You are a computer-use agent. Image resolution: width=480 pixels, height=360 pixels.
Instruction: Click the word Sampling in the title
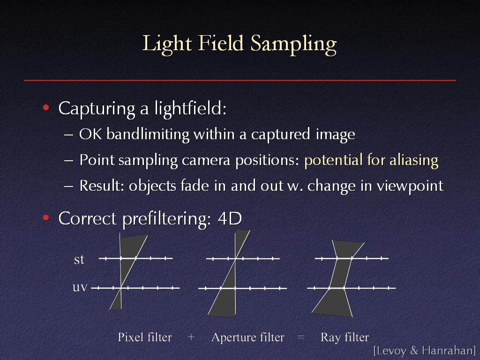pyautogui.click(x=293, y=45)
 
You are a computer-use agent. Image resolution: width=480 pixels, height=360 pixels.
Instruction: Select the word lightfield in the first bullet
pyautogui.click(x=190, y=109)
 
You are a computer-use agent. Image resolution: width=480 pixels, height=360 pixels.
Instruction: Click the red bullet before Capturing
pyautogui.click(x=46, y=107)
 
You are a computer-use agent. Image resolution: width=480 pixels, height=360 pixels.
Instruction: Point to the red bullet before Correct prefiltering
pyautogui.click(x=46, y=217)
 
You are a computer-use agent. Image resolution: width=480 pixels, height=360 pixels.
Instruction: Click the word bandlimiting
pyautogui.click(x=148, y=135)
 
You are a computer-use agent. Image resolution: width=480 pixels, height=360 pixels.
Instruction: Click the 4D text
pyautogui.click(x=230, y=218)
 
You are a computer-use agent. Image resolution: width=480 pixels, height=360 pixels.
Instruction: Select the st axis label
pyautogui.click(x=79, y=259)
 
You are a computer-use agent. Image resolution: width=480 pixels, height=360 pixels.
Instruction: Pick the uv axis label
pyautogui.click(x=80, y=287)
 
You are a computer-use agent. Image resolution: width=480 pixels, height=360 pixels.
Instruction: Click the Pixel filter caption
pyautogui.click(x=145, y=337)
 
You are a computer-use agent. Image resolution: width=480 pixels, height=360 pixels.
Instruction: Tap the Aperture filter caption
pyautogui.click(x=248, y=337)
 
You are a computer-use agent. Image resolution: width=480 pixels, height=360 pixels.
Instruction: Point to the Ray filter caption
pyautogui.click(x=345, y=337)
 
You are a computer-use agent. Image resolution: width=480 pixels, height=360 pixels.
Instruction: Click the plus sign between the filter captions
pyautogui.click(x=191, y=337)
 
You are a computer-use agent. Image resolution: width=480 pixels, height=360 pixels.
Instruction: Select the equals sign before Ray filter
pyautogui.click(x=300, y=337)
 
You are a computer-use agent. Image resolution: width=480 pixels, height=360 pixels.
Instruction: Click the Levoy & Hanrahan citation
pyautogui.click(x=425, y=351)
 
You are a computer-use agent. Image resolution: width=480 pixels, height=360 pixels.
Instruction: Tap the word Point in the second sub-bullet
pyautogui.click(x=97, y=160)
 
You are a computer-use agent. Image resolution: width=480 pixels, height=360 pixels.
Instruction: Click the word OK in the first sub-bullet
pyautogui.click(x=90, y=134)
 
